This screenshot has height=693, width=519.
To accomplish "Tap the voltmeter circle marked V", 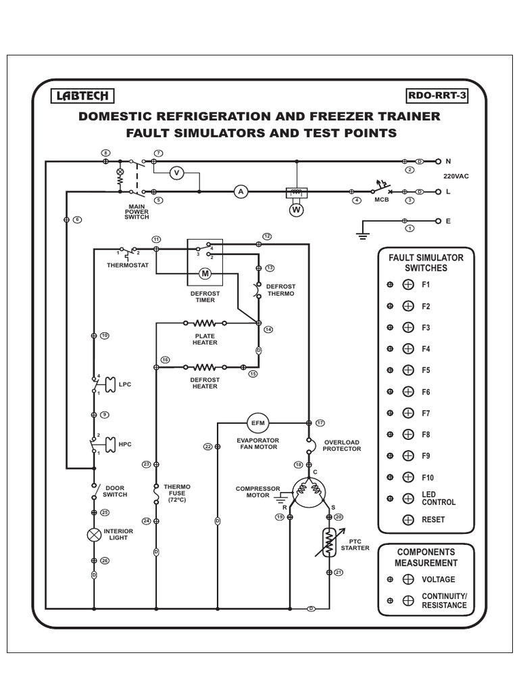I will pos(177,173).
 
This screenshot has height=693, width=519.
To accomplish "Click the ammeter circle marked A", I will pos(239,192).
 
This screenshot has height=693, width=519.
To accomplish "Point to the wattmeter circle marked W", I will pos(295,210).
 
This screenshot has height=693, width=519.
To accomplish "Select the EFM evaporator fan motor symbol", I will pos(258,423).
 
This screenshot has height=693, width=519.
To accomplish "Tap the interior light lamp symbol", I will pos(93,535).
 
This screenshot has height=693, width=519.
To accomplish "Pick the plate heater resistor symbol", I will pos(205,323).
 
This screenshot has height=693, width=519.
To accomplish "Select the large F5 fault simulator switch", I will pos(408,370).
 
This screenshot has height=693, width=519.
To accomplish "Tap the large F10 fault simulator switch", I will pos(408,477).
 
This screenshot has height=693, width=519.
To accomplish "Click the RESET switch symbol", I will pos(408,520).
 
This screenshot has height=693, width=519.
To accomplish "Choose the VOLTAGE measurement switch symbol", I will pos(408,579).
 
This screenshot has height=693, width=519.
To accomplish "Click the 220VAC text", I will pos(456,176).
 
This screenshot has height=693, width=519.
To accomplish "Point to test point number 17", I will pos(320,422).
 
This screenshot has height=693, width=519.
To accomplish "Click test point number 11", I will pos(156,240).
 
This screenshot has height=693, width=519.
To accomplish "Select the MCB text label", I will pos(382,201).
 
